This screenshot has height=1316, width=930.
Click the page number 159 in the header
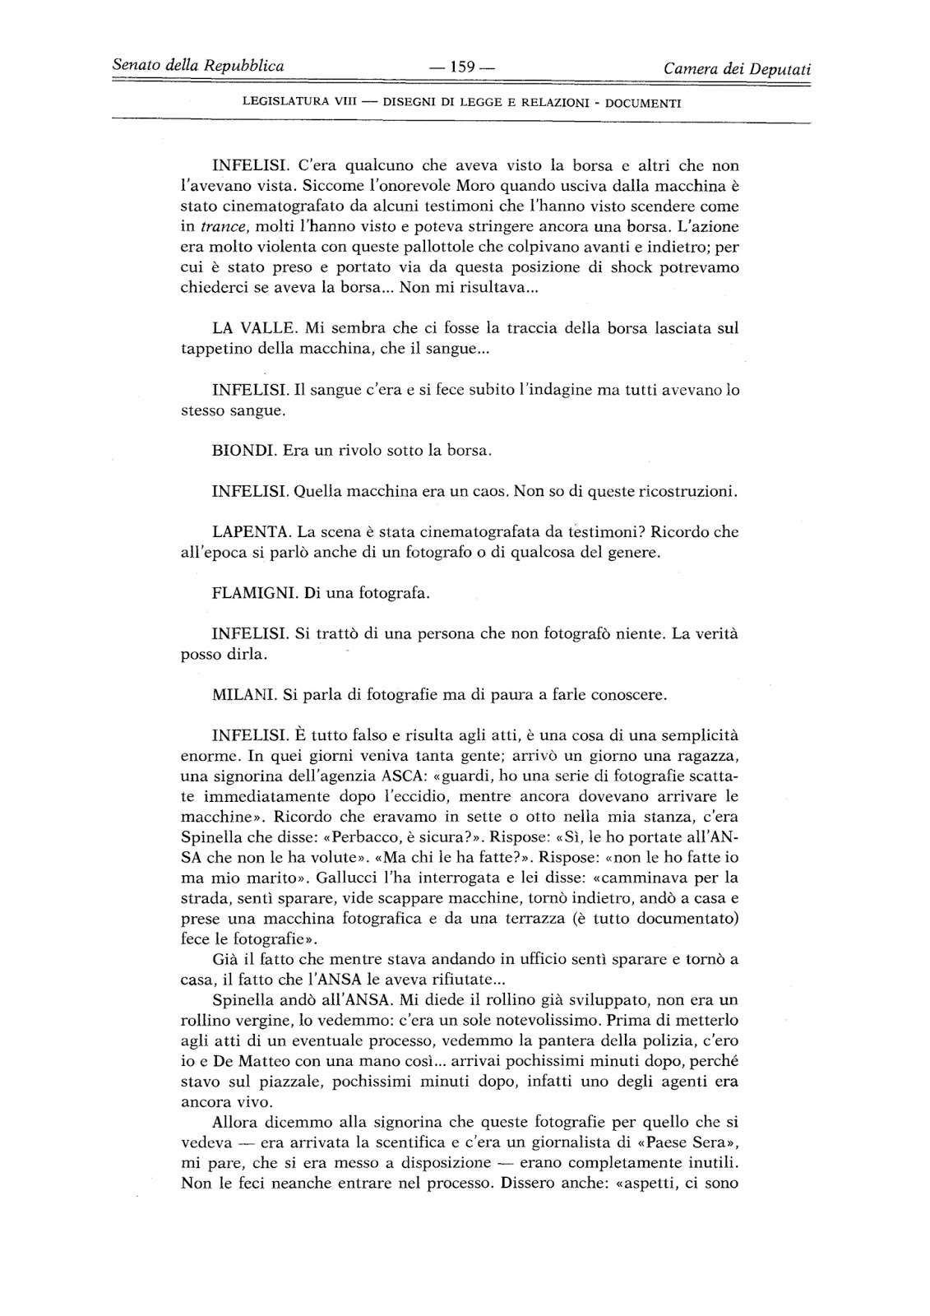tap(465, 67)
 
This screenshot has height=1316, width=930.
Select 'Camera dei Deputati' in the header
tap(738, 70)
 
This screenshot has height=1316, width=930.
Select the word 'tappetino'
tap(216, 349)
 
